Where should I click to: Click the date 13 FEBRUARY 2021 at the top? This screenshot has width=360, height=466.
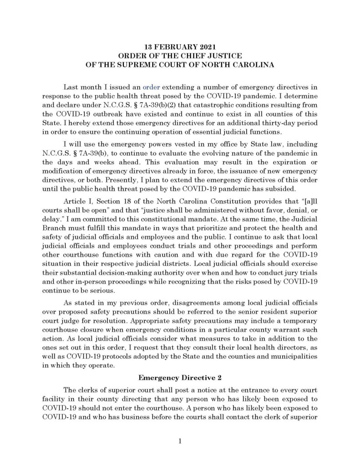[x=180, y=47]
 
